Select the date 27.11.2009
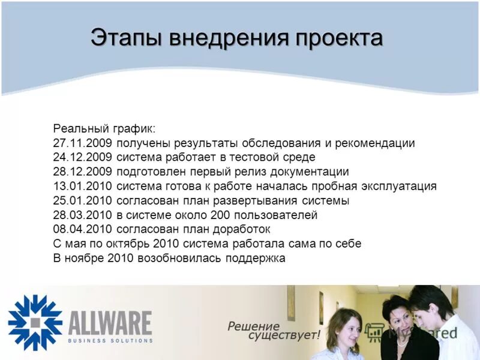pyautogui.click(x=83, y=144)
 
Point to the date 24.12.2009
pyautogui.click(x=83, y=158)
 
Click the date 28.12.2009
pyautogui.click(x=83, y=172)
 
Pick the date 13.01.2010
pyautogui.click(x=83, y=186)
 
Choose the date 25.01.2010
pyautogui.click(x=83, y=200)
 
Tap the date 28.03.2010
pyautogui.click(x=83, y=215)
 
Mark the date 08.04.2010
pyautogui.click(x=83, y=229)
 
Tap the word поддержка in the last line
pyautogui.click(x=255, y=259)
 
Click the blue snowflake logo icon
pyautogui.click(x=35, y=322)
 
